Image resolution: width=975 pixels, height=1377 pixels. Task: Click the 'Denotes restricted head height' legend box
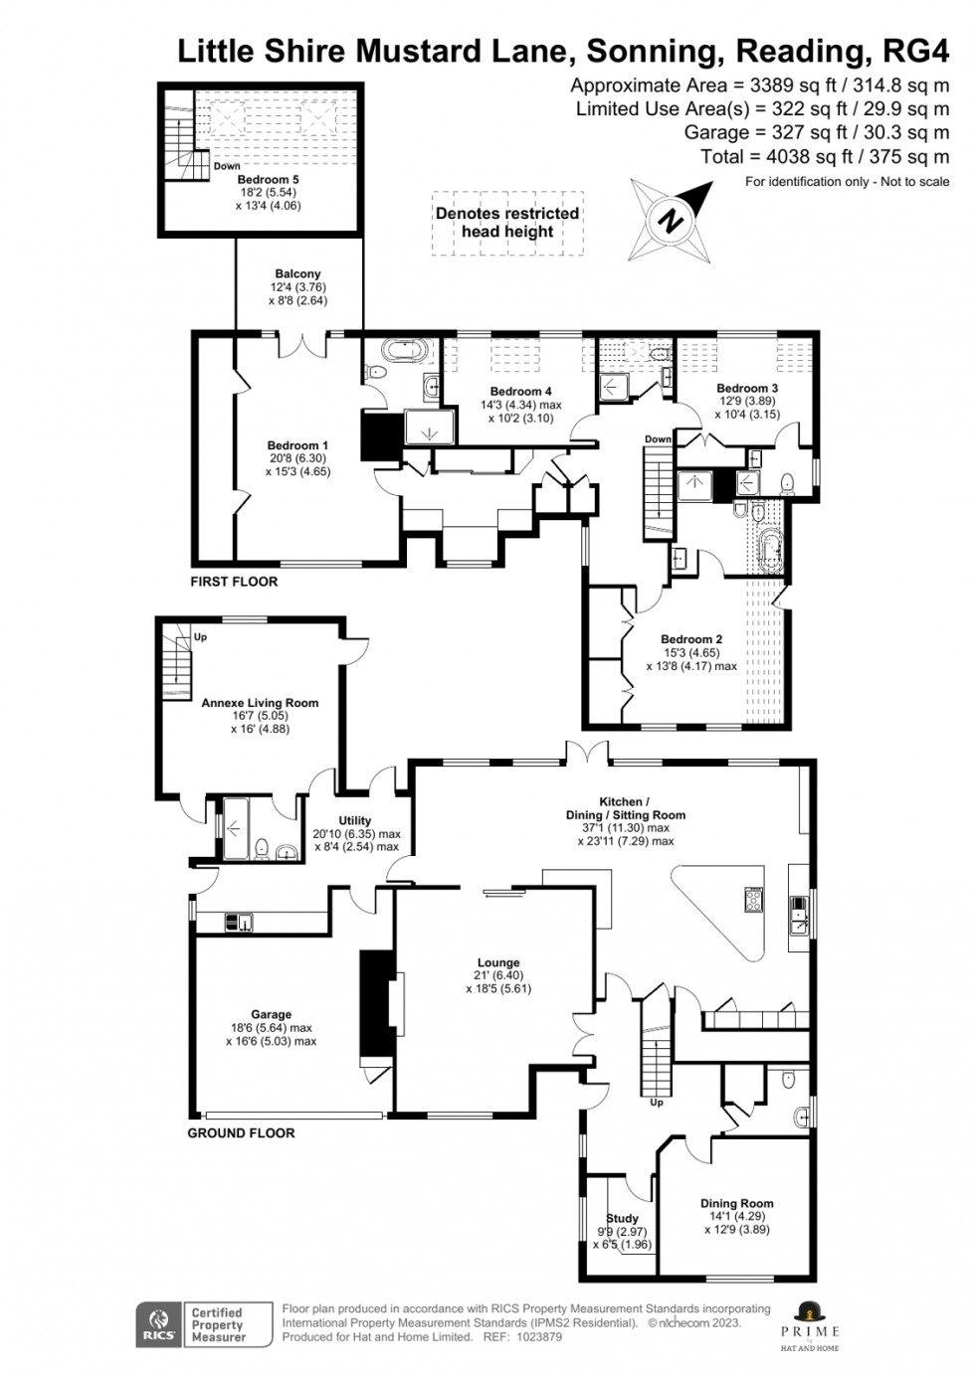507,223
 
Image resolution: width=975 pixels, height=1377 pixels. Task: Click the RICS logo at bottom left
156,1325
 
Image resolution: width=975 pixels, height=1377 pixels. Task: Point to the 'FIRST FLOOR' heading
234,582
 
